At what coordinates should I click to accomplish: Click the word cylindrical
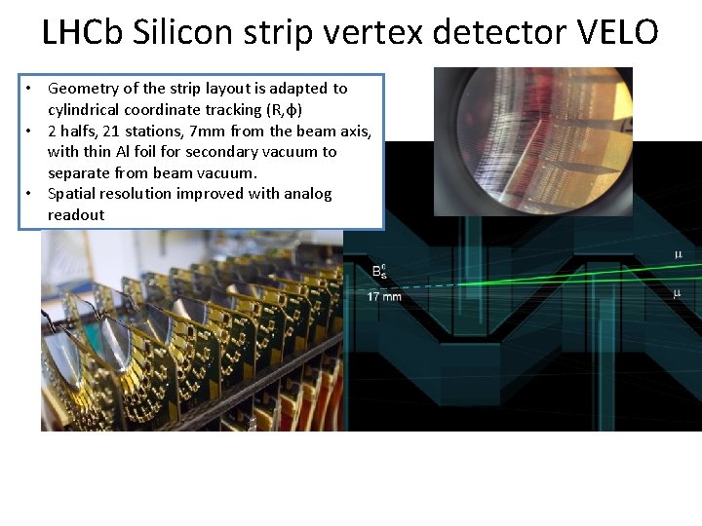tap(88, 110)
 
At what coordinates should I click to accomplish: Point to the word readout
tap(76, 215)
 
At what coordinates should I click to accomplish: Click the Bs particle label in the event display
tap(379, 272)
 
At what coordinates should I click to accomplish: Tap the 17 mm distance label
tap(384, 296)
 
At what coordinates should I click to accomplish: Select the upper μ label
tap(678, 254)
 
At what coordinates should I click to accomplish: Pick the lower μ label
tap(678, 292)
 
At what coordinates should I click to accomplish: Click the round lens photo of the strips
tap(532, 140)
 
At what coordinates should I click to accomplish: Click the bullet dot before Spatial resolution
tap(30, 194)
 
